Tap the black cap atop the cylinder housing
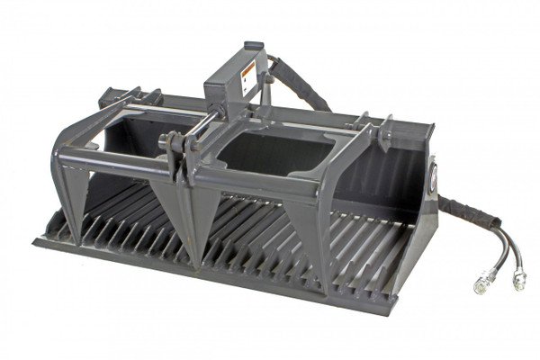coord(255,45)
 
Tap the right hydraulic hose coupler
coord(519,280)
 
